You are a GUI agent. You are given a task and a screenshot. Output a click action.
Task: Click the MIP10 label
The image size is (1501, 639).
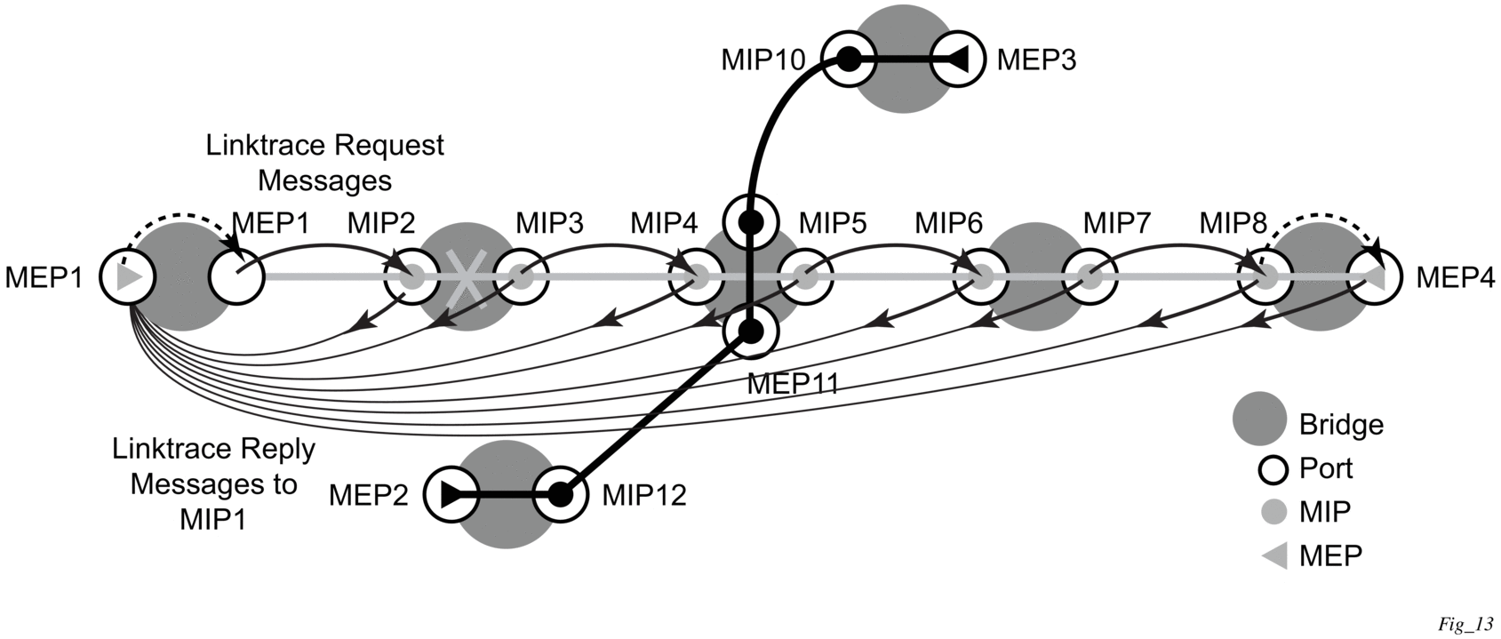coord(762,60)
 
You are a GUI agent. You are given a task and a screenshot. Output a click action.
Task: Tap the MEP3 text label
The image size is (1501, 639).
coord(1036,60)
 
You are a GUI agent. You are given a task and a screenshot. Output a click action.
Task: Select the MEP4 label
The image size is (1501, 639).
coord(1456,277)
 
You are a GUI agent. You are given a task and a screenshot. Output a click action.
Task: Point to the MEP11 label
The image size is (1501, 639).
coord(793,384)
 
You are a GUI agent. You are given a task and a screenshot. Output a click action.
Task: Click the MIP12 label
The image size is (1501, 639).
coord(644,495)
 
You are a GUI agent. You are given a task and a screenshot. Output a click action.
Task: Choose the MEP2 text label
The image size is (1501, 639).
coord(368,495)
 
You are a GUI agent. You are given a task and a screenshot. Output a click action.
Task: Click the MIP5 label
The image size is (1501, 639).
coord(833,223)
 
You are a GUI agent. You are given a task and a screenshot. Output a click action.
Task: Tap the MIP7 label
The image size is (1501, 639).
coord(1117,223)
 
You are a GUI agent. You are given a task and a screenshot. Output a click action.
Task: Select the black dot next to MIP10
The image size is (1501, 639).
coord(849,60)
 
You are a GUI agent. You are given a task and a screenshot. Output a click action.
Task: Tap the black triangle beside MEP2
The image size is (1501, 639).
coord(452,495)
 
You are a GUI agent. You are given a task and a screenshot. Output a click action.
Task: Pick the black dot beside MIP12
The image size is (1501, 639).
coord(560,495)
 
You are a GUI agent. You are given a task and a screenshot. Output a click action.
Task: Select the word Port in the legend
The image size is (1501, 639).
coord(1326,468)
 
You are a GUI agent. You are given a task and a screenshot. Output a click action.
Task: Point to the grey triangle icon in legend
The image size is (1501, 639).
coord(1274,556)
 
